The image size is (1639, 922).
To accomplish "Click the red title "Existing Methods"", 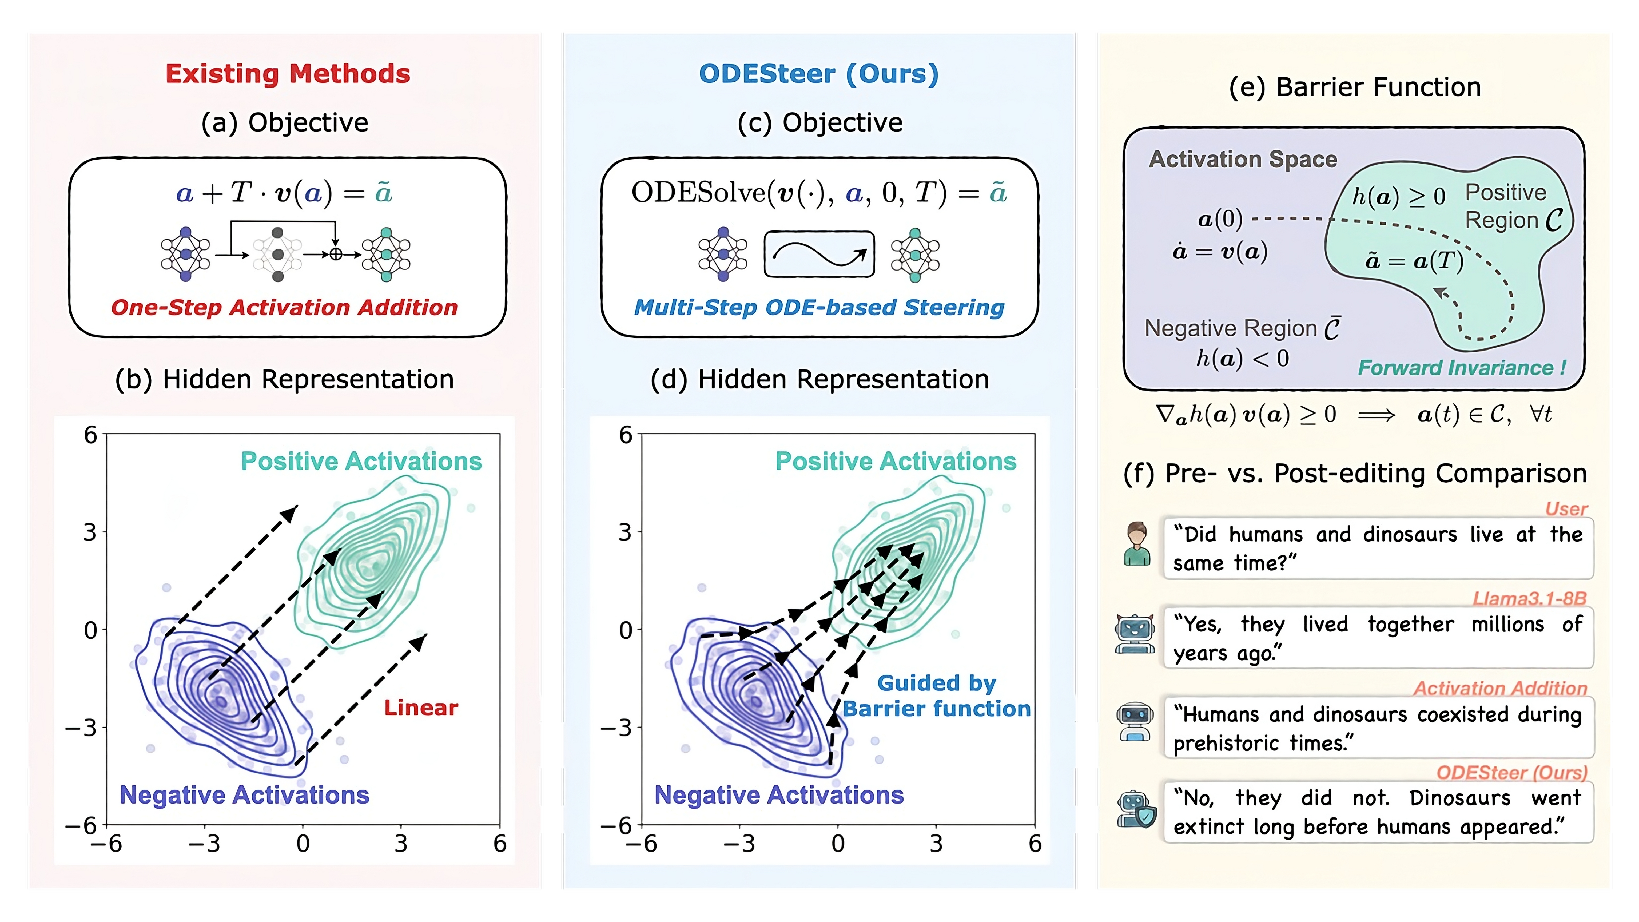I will (x=288, y=74).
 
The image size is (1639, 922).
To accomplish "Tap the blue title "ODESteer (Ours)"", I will (x=819, y=74).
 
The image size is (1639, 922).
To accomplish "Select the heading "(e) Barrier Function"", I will (x=1355, y=87).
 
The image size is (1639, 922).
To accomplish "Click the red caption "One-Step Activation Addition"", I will (x=284, y=307).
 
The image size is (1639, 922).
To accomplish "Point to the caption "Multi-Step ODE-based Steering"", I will (x=819, y=307).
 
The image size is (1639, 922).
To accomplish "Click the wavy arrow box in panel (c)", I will (x=819, y=254).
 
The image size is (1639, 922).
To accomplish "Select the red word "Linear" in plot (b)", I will (x=421, y=708).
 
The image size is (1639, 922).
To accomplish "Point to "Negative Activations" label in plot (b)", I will (x=244, y=795).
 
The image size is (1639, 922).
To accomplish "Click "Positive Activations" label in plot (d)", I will (x=896, y=461).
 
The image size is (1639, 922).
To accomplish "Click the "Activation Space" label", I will (x=1243, y=159).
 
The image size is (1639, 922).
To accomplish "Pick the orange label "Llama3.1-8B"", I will (x=1529, y=598).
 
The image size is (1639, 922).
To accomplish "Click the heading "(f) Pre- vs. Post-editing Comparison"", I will (x=1355, y=474).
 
